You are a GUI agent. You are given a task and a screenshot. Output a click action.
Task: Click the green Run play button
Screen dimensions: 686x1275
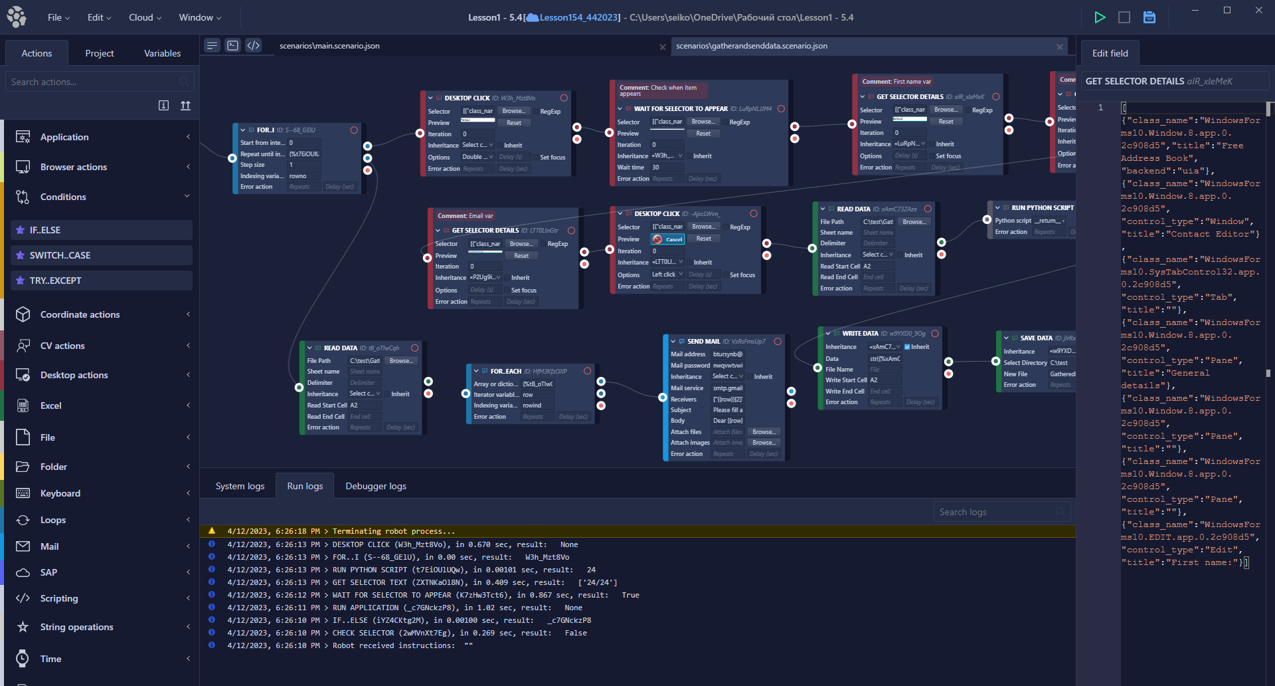[1100, 17]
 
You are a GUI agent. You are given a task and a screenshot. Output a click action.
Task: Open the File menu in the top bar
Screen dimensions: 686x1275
[58, 17]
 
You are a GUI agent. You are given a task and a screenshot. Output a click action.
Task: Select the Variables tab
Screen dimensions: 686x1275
[162, 53]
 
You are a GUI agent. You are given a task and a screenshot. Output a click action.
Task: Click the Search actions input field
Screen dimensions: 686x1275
[93, 82]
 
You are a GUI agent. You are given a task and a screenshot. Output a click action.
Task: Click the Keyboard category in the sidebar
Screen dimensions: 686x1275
[60, 493]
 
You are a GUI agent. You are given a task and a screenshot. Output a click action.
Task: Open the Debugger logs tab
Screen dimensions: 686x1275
[376, 486]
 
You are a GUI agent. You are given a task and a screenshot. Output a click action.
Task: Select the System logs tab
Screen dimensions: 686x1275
[240, 486]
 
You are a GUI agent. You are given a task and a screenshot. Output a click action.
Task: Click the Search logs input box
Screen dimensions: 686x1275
[996, 512]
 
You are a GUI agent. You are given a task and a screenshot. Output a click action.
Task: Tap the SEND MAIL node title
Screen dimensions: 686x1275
[703, 342]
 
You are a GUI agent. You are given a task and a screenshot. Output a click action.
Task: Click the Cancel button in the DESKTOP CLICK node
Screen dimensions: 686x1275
[669, 239]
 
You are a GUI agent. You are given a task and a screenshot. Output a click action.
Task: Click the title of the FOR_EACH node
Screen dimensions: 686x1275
[505, 371]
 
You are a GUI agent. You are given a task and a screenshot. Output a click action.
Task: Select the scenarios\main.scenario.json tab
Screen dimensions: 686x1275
[329, 46]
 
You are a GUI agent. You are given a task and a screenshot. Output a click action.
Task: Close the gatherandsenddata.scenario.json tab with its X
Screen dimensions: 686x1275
[1060, 47]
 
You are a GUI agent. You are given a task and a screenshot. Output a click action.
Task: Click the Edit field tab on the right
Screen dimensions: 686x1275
[1110, 53]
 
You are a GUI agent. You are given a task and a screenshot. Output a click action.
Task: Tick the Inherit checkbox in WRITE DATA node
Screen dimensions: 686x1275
[907, 347]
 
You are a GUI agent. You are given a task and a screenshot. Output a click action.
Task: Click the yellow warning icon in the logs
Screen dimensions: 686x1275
[212, 531]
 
